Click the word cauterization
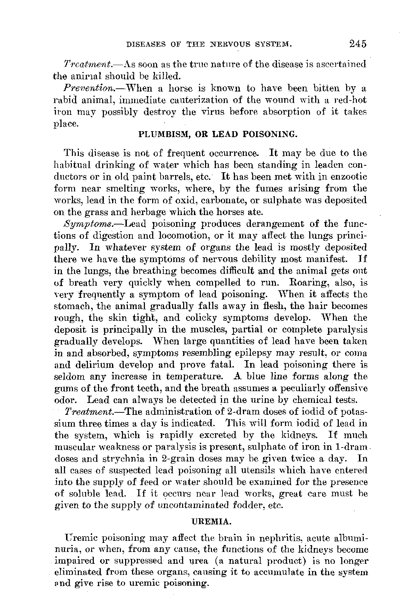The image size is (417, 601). click(x=199, y=100)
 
